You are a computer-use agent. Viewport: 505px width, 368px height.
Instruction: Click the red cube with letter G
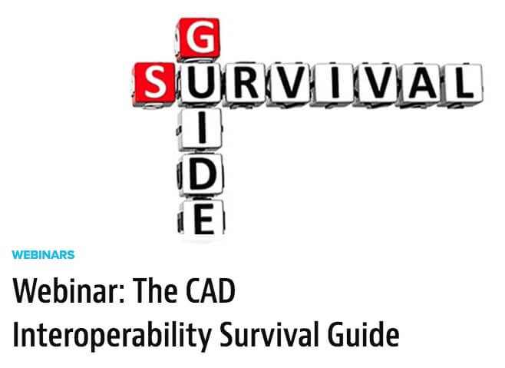click(198, 38)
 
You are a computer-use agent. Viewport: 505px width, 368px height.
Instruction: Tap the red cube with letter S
click(154, 85)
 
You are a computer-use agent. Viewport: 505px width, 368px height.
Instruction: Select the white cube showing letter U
click(200, 84)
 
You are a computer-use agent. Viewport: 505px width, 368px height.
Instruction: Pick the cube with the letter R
click(246, 84)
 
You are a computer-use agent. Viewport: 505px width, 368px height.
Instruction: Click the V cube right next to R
click(290, 84)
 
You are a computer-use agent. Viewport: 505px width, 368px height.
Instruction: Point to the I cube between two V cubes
click(334, 84)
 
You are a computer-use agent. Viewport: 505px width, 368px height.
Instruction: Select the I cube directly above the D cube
click(200, 130)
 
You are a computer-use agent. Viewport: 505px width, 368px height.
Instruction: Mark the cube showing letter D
click(200, 175)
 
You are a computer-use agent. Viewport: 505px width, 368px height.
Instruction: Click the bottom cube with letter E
click(201, 217)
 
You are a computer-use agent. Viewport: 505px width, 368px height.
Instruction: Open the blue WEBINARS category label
click(43, 255)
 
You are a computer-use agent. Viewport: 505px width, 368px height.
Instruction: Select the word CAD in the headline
click(210, 290)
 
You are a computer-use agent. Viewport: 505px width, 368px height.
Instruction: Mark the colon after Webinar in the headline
click(122, 294)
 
